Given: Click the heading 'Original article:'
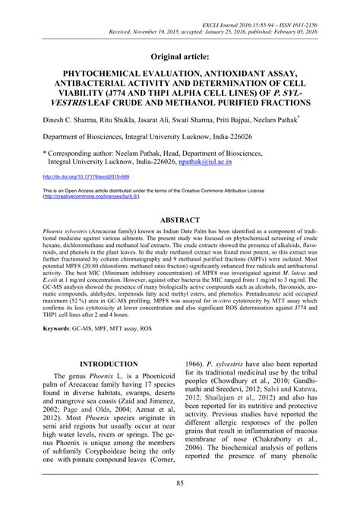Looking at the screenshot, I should click(x=180, y=56).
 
